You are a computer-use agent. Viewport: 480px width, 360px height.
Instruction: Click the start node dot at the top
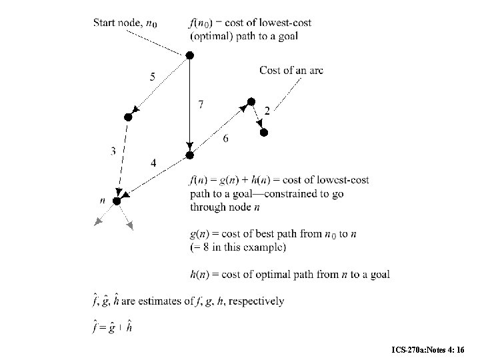189,55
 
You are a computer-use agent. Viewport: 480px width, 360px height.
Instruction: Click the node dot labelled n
116,201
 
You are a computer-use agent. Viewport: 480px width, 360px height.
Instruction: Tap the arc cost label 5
153,77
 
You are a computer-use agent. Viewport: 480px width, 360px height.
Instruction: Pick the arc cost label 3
113,152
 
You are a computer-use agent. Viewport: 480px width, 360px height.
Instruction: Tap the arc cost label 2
267,111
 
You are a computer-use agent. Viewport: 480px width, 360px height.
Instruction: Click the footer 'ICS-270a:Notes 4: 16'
433,349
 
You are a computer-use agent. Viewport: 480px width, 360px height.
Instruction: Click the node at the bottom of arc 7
189,155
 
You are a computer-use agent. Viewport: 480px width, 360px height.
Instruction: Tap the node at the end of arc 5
129,117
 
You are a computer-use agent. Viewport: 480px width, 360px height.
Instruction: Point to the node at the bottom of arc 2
263,133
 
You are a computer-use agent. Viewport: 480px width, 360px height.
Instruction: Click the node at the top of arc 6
251,101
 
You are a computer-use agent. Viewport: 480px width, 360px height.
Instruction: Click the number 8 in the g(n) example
202,247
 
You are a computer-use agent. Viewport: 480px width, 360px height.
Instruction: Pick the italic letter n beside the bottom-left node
102,199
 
